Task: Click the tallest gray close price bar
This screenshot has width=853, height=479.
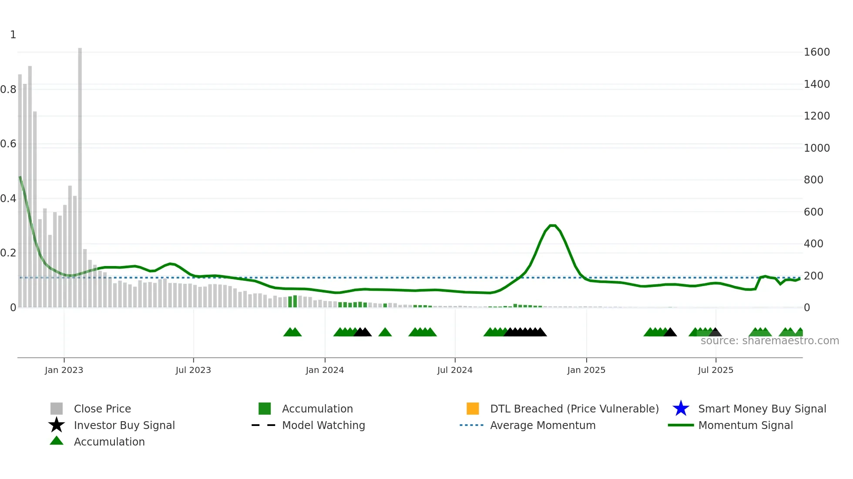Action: pyautogui.click(x=80, y=174)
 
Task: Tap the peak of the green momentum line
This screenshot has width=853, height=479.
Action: pyautogui.click(x=552, y=226)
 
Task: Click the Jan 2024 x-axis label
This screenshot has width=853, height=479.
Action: pyautogui.click(x=325, y=370)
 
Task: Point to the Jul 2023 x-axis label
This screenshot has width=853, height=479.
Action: pyautogui.click(x=193, y=370)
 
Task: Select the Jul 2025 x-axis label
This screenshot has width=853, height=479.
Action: pyautogui.click(x=715, y=370)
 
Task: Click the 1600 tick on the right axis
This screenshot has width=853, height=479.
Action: pyautogui.click(x=816, y=52)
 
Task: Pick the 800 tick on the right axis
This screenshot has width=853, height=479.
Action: pyautogui.click(x=813, y=180)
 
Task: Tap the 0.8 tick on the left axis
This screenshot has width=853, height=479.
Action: pyautogui.click(x=8, y=90)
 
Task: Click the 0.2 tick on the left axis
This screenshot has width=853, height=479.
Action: pyautogui.click(x=8, y=253)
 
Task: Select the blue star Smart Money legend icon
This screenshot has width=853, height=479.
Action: pyautogui.click(x=681, y=409)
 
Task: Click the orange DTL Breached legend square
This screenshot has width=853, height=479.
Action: pyautogui.click(x=473, y=409)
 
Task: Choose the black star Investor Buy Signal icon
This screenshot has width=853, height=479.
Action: pyautogui.click(x=57, y=425)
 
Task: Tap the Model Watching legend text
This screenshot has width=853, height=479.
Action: pyautogui.click(x=323, y=425)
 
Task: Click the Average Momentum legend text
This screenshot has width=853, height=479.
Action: pyautogui.click(x=543, y=425)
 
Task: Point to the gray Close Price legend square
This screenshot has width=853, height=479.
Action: pyautogui.click(x=57, y=409)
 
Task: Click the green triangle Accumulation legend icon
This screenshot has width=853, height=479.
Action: pyautogui.click(x=57, y=441)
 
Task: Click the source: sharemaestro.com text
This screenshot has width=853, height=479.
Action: pyautogui.click(x=769, y=341)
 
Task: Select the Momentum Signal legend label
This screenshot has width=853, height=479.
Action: pyautogui.click(x=746, y=425)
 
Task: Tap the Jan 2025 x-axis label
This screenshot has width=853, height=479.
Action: pyautogui.click(x=586, y=370)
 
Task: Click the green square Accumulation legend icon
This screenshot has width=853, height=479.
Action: pyautogui.click(x=265, y=409)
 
